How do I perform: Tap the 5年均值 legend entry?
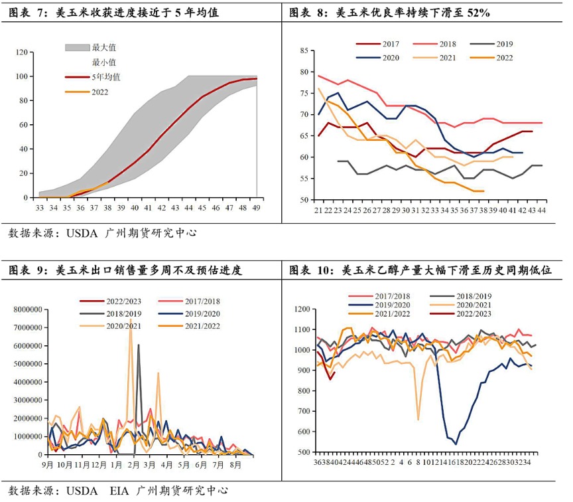tap(106, 77)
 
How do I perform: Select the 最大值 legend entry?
tap(103, 47)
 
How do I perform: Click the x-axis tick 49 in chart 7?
tap(257, 208)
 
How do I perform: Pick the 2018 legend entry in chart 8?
tap(448, 44)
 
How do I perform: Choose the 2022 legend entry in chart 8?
tap(504, 58)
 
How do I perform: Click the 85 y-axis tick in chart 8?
tap(305, 50)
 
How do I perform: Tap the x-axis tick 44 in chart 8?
tap(541, 210)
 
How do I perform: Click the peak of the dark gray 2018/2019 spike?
tap(139, 345)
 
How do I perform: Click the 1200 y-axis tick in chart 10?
tap(302, 309)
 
